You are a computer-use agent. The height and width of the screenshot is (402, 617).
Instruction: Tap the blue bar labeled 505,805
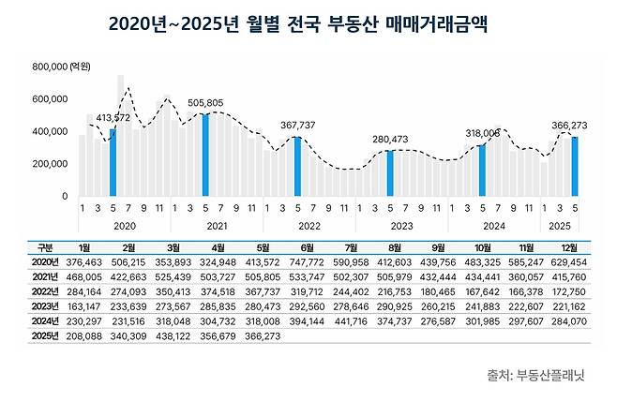pyautogui.click(x=205, y=155)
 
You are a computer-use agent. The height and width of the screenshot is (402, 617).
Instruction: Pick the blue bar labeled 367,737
pyautogui.click(x=297, y=166)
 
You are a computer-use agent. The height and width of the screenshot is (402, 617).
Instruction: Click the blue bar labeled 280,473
pyautogui.click(x=390, y=172)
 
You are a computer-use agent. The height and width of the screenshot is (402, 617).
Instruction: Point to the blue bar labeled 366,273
pyautogui.click(x=575, y=166)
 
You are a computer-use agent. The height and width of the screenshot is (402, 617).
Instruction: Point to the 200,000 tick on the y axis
pyautogui.click(x=51, y=164)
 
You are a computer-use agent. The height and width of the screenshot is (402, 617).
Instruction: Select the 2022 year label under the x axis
pyautogui.click(x=308, y=226)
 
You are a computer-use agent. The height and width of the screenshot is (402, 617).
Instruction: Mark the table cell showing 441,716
pyautogui.click(x=353, y=320)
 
